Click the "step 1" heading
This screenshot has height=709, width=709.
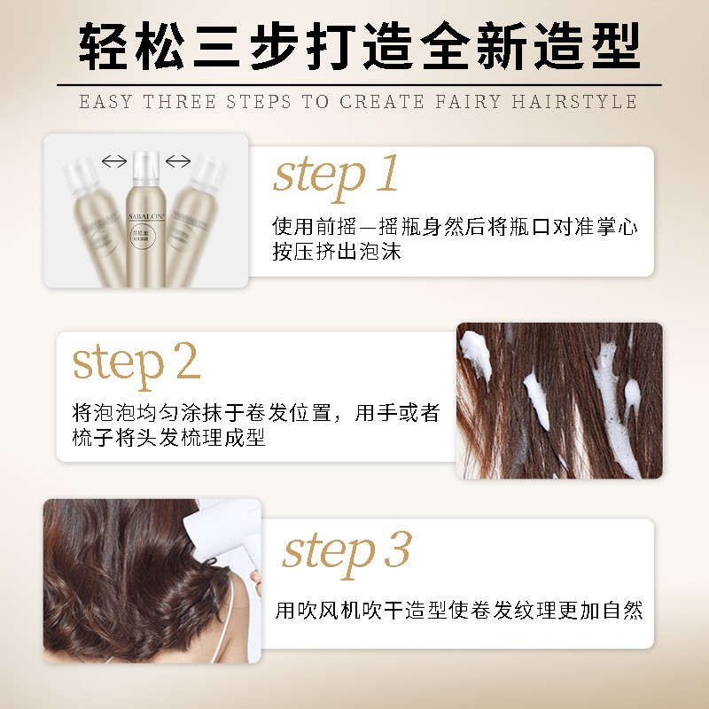click(x=336, y=175)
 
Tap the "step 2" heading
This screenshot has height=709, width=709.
click(x=136, y=362)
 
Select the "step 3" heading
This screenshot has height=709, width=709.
click(x=347, y=550)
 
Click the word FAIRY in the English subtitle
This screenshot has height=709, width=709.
click(x=471, y=101)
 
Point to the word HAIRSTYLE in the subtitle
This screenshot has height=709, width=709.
click(x=573, y=101)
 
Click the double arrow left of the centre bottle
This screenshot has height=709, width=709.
click(x=113, y=160)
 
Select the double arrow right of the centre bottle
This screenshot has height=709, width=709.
click(x=178, y=160)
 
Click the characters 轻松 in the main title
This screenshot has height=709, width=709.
click(x=121, y=44)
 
